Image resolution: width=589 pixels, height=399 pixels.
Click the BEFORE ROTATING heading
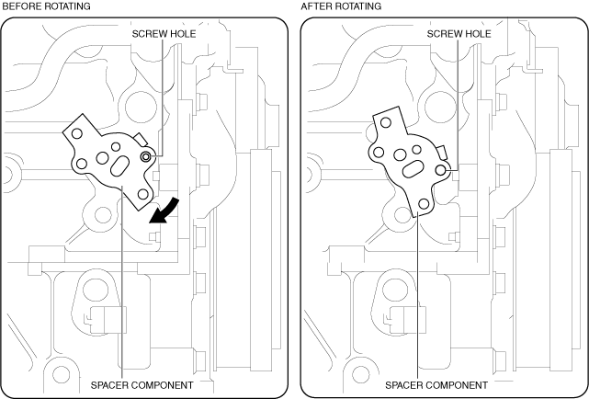pyautogui.click(x=45, y=6)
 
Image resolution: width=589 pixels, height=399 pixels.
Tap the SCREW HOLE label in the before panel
pyautogui.click(x=163, y=34)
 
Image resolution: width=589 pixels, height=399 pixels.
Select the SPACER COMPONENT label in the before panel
pyautogui.click(x=142, y=384)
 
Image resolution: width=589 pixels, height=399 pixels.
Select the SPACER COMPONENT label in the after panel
pyautogui.click(x=436, y=384)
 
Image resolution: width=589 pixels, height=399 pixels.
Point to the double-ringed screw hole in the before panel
pyautogui.click(x=147, y=157)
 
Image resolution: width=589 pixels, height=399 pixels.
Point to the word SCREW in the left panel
pyautogui.click(x=150, y=34)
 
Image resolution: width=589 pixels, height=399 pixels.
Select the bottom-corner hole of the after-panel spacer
pyautogui.click(x=424, y=202)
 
